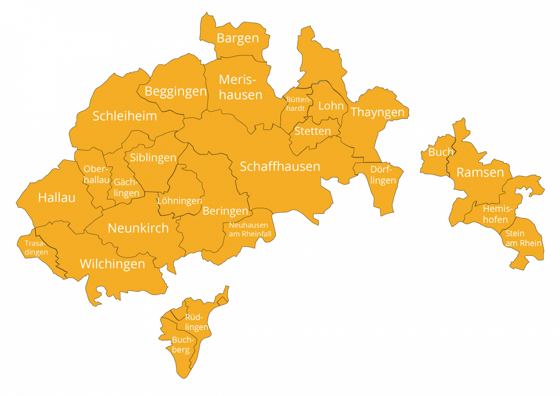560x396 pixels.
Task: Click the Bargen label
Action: pyautogui.click(x=238, y=38)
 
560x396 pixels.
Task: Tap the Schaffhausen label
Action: pyautogui.click(x=280, y=166)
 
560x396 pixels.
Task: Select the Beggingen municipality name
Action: pyautogui.click(x=175, y=91)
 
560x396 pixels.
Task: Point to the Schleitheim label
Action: pyautogui.click(x=125, y=116)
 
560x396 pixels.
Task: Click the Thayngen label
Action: pyautogui.click(x=378, y=112)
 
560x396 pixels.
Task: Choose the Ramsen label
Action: pyautogui.click(x=480, y=172)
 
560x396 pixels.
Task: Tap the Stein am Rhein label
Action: pyautogui.click(x=523, y=238)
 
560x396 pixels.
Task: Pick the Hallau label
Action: pyautogui.click(x=56, y=198)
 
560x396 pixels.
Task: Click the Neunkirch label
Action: pyautogui.click(x=138, y=228)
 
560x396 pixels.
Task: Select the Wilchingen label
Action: pyautogui.click(x=112, y=264)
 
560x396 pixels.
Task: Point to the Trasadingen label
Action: pyautogui.click(x=36, y=248)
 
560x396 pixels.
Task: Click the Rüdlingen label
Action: pyautogui.click(x=196, y=322)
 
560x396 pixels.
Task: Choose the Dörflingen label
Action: pyautogui.click(x=383, y=175)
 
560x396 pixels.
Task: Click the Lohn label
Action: pyautogui.click(x=331, y=106)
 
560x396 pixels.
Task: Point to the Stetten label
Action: pyautogui.click(x=313, y=131)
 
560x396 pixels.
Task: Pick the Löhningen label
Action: pyautogui.click(x=180, y=201)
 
